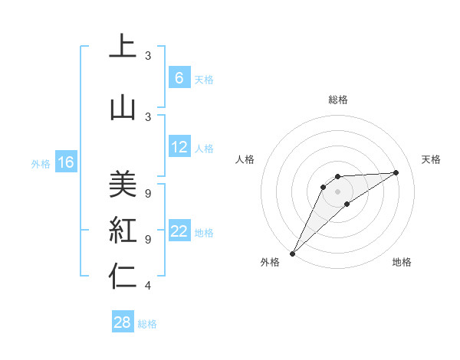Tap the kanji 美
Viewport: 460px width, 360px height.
[123, 183]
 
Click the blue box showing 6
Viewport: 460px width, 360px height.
[179, 77]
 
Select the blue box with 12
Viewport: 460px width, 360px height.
[179, 147]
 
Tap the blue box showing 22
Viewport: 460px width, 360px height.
[179, 231]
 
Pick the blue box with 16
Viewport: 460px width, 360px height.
[65, 162]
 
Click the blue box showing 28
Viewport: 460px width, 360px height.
[123, 322]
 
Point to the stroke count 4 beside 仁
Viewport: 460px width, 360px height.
[148, 286]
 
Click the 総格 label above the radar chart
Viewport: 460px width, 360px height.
[337, 100]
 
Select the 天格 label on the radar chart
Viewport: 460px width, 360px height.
[431, 159]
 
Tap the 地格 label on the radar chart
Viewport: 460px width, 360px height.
[402, 262]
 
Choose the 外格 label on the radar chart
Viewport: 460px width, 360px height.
[270, 262]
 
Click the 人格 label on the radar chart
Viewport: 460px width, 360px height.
[245, 159]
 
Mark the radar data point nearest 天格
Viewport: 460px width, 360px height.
[396, 172]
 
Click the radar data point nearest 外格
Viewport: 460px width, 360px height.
[292, 253]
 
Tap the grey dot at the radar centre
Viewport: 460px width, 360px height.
[337, 191]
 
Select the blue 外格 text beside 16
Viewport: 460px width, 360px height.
[40, 163]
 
